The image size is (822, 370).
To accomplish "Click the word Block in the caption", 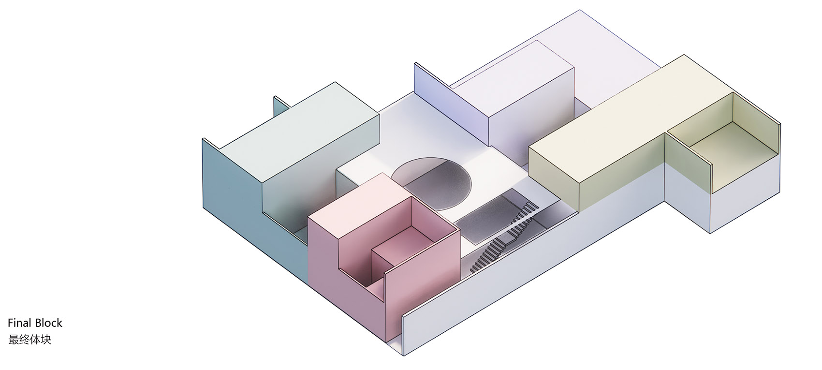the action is [x=48, y=323].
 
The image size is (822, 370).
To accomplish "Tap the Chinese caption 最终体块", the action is [x=29, y=340].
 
